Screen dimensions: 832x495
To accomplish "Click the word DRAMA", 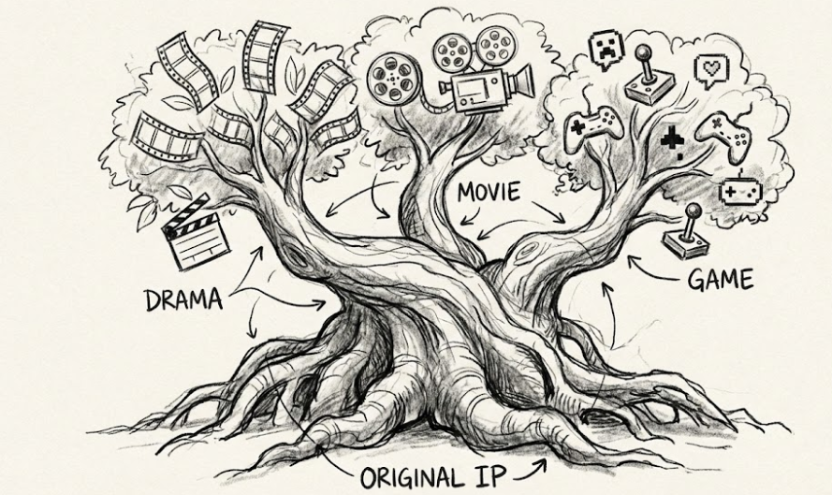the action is [183, 300].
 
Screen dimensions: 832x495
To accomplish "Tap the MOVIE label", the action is [489, 194].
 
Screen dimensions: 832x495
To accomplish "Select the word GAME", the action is [720, 279].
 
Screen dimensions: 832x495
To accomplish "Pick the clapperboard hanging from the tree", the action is [194, 231].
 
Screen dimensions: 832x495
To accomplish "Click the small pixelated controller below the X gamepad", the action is [739, 192].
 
